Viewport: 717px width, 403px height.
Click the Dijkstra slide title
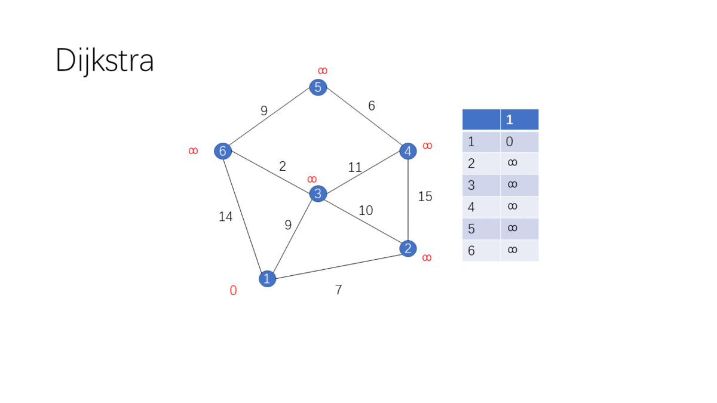pyautogui.click(x=105, y=61)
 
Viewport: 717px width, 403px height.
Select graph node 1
pyautogui.click(x=267, y=278)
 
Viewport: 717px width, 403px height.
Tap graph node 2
pyautogui.click(x=407, y=248)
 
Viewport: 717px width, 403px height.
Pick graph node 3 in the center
pyautogui.click(x=318, y=193)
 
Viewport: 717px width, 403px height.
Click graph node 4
pyautogui.click(x=407, y=151)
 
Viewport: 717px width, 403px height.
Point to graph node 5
pyautogui.click(x=318, y=87)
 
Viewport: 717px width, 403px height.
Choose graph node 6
pyautogui.click(x=223, y=151)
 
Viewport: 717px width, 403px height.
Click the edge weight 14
pyautogui.click(x=225, y=217)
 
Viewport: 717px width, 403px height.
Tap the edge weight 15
pyautogui.click(x=425, y=196)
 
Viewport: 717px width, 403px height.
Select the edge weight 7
pyautogui.click(x=338, y=290)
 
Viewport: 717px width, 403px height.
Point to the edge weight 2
pyautogui.click(x=283, y=167)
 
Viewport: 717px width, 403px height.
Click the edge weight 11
pyautogui.click(x=355, y=168)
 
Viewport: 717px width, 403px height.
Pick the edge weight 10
pyautogui.click(x=366, y=210)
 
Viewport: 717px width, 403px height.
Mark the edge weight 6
pyautogui.click(x=372, y=106)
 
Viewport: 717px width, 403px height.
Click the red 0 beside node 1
pyautogui.click(x=233, y=291)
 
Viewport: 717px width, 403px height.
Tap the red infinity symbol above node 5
pyautogui.click(x=323, y=71)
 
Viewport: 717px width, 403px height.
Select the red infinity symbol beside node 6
pyautogui.click(x=193, y=151)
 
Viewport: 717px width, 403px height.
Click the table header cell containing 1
pyautogui.click(x=519, y=119)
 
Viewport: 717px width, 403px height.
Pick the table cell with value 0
pyautogui.click(x=519, y=142)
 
